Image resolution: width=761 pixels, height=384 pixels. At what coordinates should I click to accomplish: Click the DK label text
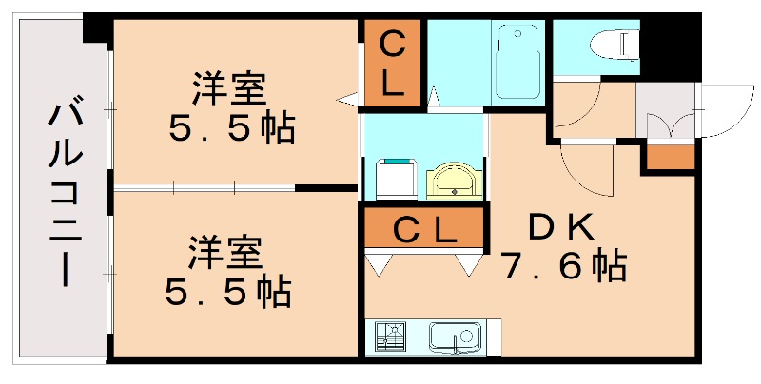click(x=561, y=227)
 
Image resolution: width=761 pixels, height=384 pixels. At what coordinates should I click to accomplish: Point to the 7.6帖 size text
click(x=563, y=267)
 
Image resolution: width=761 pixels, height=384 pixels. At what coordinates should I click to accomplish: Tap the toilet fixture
click(x=614, y=45)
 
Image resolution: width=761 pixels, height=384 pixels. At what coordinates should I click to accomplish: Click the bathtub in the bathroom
click(x=517, y=61)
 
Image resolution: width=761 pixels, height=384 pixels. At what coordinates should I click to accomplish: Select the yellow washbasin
click(x=455, y=180)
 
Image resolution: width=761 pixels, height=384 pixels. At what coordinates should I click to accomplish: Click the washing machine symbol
click(x=395, y=179)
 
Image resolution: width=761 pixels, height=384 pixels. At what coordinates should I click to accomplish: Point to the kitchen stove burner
click(x=389, y=336)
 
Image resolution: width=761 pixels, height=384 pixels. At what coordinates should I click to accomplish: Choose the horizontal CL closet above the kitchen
click(x=424, y=230)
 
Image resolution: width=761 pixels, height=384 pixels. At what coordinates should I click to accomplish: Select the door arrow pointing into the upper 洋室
click(x=348, y=97)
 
